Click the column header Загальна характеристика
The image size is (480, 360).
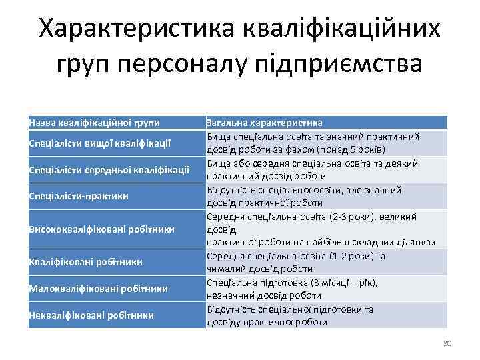pos(265,123)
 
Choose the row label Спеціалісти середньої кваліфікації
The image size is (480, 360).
pos(109,169)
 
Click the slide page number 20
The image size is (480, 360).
pos(447,343)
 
